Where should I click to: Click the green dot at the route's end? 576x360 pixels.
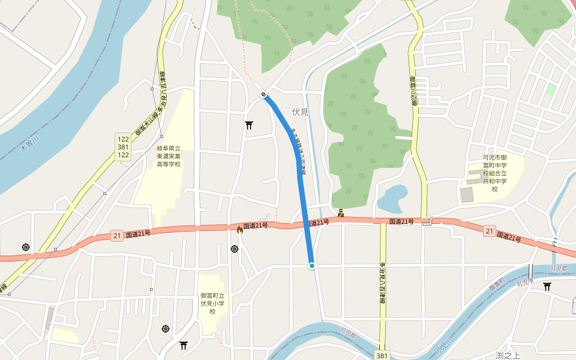click(x=312, y=265)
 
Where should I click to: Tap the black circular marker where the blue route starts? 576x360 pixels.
click(x=264, y=94)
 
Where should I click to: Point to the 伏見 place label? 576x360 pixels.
click(x=300, y=112)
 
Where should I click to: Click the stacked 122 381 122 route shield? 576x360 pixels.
click(x=123, y=146)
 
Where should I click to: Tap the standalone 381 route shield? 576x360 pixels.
click(x=382, y=356)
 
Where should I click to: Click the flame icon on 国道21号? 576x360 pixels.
click(x=240, y=229)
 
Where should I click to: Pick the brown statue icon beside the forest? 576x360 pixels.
click(x=341, y=212)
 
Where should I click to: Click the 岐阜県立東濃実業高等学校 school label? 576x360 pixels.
click(x=169, y=156)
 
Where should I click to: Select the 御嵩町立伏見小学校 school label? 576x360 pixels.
click(x=212, y=304)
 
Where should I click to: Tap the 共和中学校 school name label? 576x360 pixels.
click(x=495, y=174)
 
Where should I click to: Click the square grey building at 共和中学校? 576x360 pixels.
click(x=467, y=195)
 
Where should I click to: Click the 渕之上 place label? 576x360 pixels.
click(x=507, y=355)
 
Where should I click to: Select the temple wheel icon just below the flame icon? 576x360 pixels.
click(x=235, y=248)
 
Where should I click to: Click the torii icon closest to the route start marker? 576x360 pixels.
click(x=249, y=125)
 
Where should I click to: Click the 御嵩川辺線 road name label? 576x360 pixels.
click(x=413, y=90)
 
